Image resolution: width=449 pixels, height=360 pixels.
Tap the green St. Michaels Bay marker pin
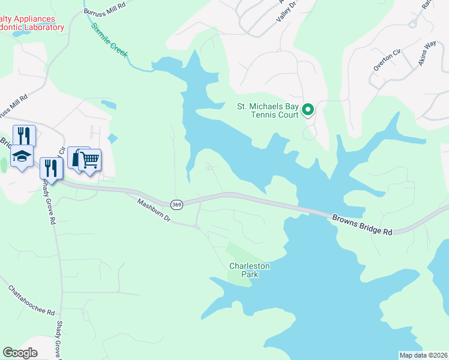308,110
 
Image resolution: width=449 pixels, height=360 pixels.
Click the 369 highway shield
176,205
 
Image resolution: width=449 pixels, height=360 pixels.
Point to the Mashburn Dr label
154,211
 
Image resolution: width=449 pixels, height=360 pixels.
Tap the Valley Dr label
286,12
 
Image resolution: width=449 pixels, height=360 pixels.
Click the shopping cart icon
89,160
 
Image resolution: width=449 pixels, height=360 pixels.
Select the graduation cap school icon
22,157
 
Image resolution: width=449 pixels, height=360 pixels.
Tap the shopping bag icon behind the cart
77,157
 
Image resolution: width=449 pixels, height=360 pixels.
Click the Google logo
20,353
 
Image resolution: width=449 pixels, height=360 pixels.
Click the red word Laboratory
42,27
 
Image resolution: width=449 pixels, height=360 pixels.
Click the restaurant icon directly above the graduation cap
24,134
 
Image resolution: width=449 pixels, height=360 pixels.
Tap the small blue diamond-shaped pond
112,138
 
